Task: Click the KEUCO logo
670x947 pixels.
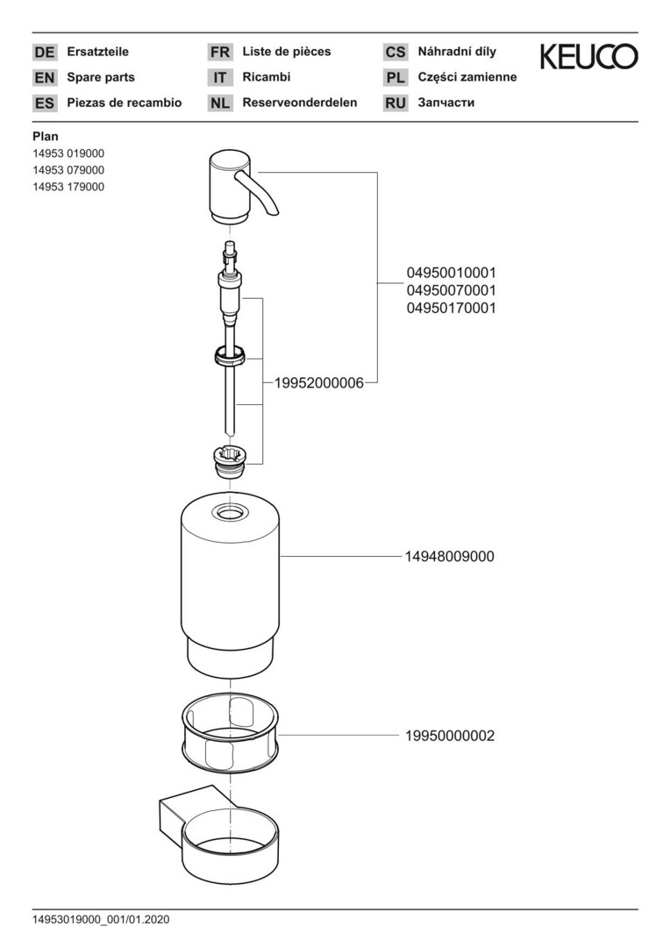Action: click(588, 58)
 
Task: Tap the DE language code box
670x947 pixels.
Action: click(44, 52)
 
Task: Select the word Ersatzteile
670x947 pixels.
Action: click(97, 52)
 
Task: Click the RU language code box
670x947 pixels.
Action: click(395, 103)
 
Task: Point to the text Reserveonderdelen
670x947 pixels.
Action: click(299, 103)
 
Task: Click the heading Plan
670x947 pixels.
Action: click(45, 136)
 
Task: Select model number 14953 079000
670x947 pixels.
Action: click(68, 170)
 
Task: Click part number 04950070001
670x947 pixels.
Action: click(451, 289)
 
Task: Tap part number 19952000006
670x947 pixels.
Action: click(318, 383)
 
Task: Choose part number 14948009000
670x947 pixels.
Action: click(450, 556)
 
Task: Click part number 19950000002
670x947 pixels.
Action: click(450, 736)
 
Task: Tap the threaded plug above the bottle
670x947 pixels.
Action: click(230, 459)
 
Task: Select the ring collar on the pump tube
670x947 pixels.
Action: click(230, 357)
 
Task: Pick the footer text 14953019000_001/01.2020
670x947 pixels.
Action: click(101, 920)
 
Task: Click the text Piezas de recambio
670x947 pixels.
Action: click(125, 103)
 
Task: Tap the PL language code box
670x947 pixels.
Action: click(395, 77)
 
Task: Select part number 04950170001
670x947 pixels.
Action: click(451, 308)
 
